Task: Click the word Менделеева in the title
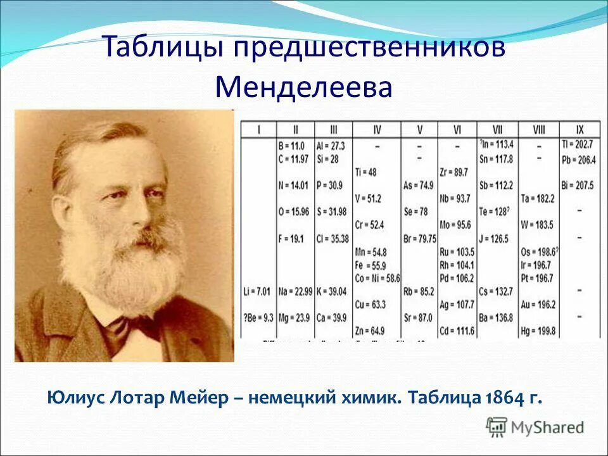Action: point(303,87)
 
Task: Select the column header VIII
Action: point(538,130)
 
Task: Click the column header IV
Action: point(377,130)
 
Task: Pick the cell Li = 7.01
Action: point(257,291)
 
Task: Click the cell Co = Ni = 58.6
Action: point(378,277)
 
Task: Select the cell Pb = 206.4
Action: point(578,160)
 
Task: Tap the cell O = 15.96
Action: point(294,212)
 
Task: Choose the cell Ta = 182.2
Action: point(538,198)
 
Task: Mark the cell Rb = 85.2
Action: point(419,291)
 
